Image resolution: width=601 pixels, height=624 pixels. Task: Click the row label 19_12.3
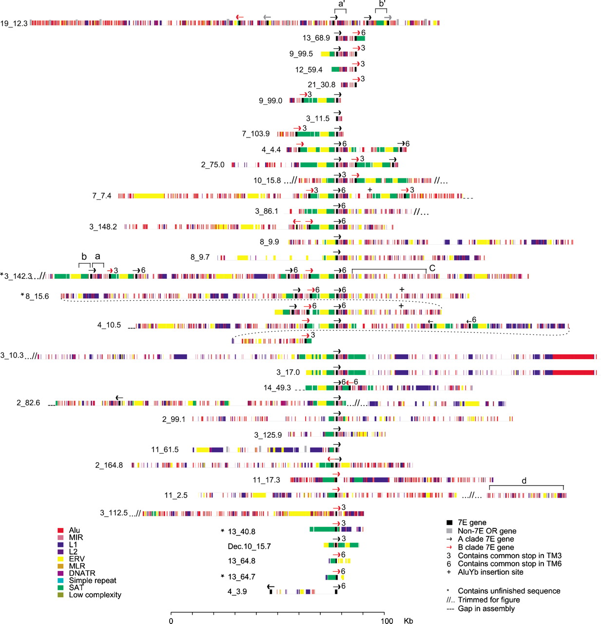point(14,23)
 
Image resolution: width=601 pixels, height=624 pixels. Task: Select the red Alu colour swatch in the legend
point(60,530)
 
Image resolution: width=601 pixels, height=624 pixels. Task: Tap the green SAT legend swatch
point(60,587)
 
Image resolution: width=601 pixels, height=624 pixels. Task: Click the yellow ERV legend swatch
point(60,559)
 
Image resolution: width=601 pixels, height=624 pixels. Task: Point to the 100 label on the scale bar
point(387,621)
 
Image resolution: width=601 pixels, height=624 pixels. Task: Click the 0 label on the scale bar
point(171,621)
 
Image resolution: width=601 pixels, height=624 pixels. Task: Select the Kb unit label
point(408,621)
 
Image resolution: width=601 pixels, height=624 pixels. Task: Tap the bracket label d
point(524,481)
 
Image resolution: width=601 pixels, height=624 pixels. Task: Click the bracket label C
point(432,268)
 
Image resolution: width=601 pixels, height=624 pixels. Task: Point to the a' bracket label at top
point(341,4)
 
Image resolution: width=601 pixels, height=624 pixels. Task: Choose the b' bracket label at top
point(382,4)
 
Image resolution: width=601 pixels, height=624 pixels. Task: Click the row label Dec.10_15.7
point(249,546)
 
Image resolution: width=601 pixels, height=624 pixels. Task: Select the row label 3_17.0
point(288,372)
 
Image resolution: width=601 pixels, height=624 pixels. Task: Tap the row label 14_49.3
point(277,388)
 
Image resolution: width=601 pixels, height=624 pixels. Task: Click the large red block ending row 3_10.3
point(573,357)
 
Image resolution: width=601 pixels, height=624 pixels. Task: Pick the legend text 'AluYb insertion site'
point(490,572)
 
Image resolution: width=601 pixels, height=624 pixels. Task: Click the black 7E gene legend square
point(449,523)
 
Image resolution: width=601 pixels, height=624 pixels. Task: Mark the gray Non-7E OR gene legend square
point(449,531)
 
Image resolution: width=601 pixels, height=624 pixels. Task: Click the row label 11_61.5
point(165,449)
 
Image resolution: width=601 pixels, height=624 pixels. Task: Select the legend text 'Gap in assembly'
point(486,608)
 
